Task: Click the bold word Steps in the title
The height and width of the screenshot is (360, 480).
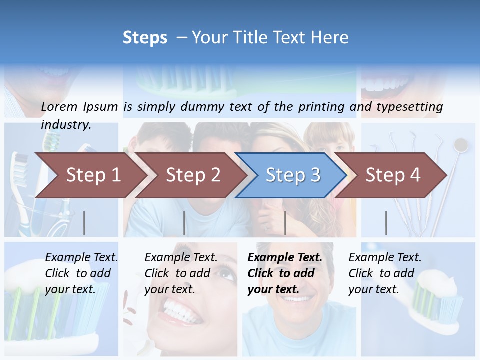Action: [145, 38]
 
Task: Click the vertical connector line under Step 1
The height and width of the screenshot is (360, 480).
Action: [84, 223]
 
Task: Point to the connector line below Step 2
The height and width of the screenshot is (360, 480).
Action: [184, 223]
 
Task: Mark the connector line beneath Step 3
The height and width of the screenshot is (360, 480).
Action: [285, 223]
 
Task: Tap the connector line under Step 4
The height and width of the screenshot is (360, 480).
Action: [386, 223]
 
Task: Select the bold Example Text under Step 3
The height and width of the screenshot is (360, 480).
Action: [285, 273]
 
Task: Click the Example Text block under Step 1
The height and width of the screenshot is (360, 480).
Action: [81, 273]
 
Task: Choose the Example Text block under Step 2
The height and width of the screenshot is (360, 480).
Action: [181, 273]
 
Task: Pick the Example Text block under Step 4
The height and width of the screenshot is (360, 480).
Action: [385, 273]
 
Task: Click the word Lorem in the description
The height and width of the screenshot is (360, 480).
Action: [59, 107]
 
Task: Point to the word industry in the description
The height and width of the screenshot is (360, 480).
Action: [66, 125]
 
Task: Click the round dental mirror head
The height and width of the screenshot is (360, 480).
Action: [461, 145]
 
